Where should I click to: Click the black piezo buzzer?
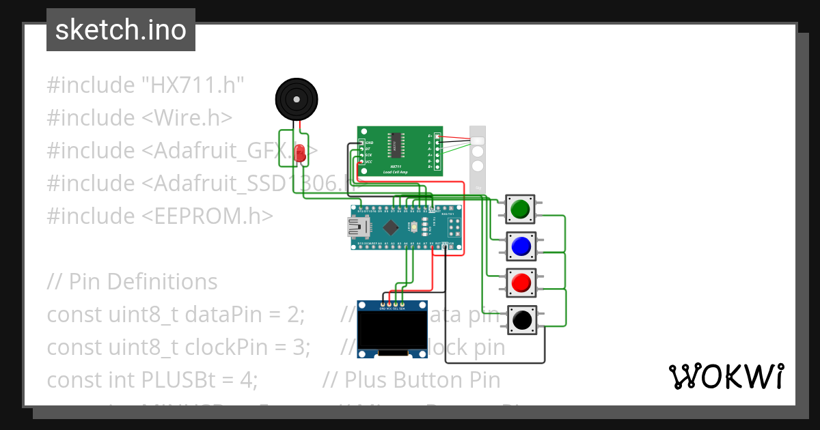pos(297,100)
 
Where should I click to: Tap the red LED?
pos(299,153)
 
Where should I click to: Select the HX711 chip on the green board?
pos(396,143)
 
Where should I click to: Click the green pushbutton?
pos(521,209)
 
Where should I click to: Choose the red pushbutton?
pos(521,283)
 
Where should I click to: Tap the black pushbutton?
pos(521,319)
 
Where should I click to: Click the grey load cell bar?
pos(478,157)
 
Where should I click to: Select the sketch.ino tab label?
pos(121,30)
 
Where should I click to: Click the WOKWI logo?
pos(726,377)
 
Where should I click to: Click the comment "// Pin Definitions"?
pos(133,282)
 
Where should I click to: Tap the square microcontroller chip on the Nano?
pos(391,227)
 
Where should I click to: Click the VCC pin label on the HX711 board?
pos(368,162)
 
